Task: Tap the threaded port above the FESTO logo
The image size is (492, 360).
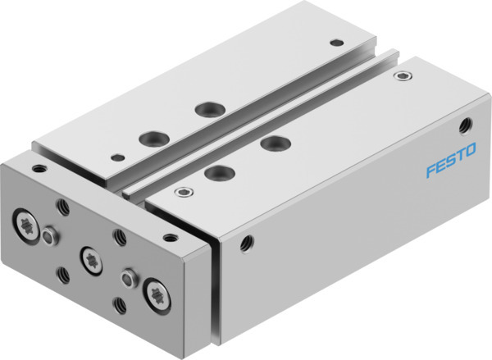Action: click(466, 125)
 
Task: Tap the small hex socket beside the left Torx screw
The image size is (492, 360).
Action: click(50, 237)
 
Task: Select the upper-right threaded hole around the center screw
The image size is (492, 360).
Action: click(119, 237)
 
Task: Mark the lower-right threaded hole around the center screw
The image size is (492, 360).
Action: click(119, 305)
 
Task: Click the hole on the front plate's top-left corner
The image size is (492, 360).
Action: click(38, 169)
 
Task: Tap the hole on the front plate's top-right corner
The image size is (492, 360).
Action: click(170, 238)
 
